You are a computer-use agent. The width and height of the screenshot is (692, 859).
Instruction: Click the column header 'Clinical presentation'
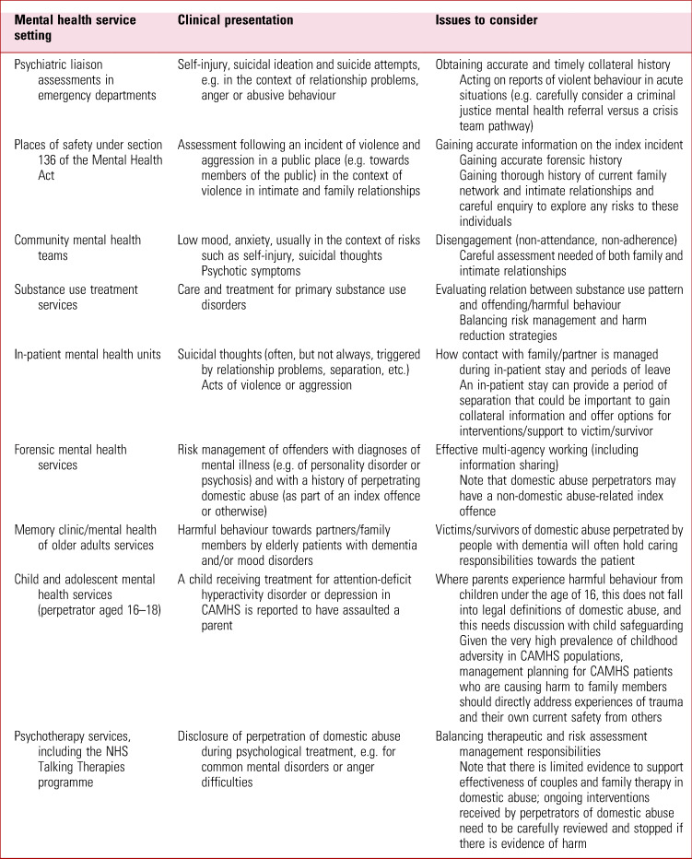coord(235,19)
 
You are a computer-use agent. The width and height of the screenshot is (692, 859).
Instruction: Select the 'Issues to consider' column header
coord(487,19)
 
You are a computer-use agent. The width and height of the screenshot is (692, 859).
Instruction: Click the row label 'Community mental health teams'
coord(77,248)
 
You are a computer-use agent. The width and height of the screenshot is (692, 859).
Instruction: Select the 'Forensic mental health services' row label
coord(70,458)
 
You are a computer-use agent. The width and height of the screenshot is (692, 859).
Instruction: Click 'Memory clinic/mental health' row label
coord(86,530)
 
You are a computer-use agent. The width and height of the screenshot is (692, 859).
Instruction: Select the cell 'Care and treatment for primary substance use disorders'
coord(292,298)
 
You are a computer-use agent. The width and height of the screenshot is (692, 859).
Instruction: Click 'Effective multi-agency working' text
coord(522,450)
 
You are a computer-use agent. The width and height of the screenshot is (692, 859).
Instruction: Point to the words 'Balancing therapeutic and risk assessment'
coord(540,737)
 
